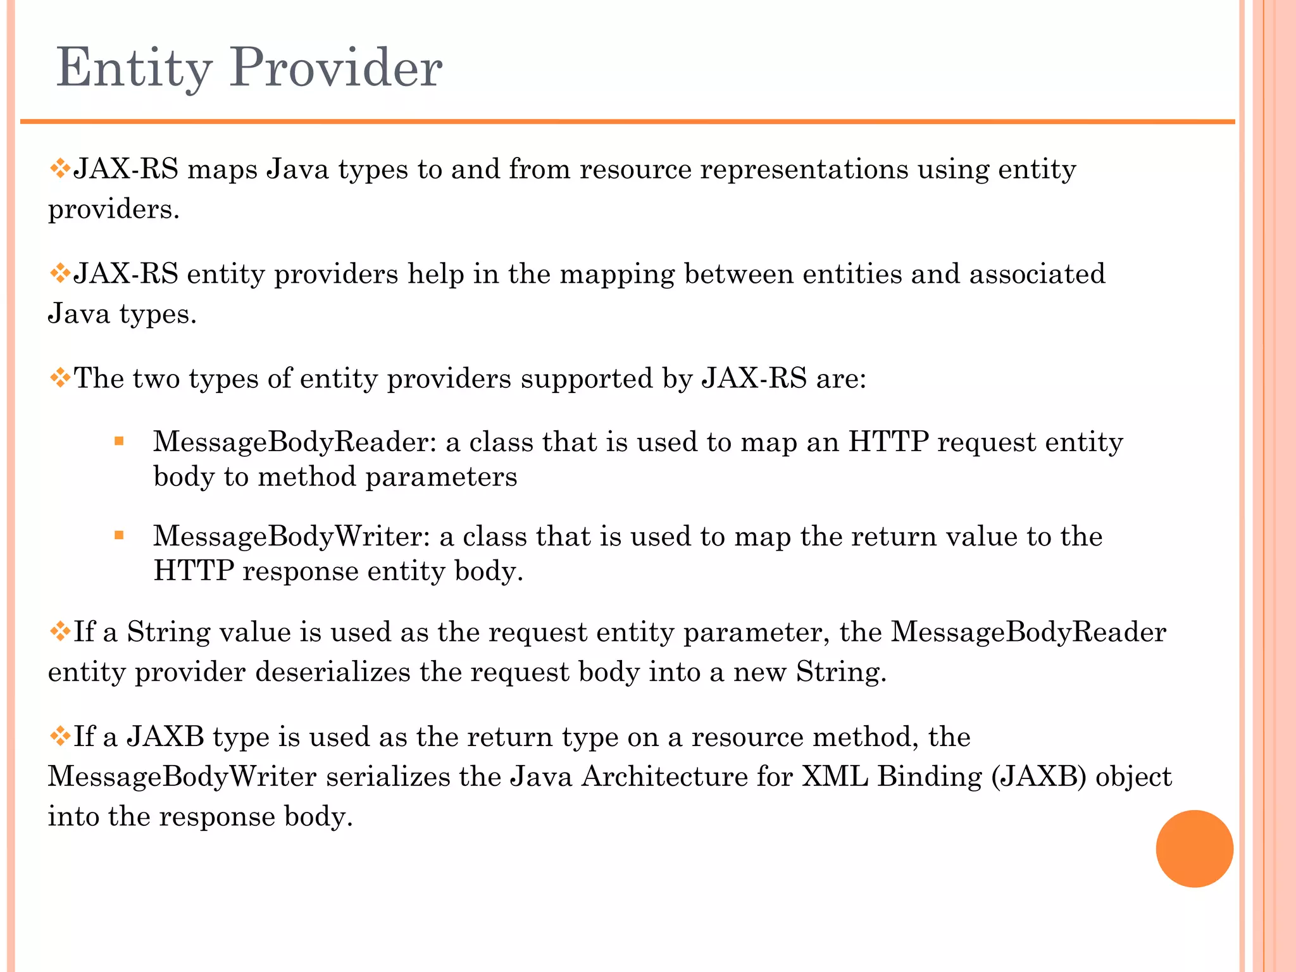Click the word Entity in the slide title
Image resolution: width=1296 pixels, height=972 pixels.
click(134, 68)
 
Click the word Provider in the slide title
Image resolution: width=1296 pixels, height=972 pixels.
click(335, 68)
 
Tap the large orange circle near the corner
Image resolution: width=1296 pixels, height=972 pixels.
click(1194, 849)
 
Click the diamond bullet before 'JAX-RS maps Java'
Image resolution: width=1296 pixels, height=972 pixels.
click(59, 169)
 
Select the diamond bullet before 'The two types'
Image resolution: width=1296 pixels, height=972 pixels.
click(59, 378)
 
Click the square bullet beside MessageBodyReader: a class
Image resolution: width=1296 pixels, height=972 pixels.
click(119, 441)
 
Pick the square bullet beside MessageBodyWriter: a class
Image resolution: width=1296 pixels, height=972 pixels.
click(119, 536)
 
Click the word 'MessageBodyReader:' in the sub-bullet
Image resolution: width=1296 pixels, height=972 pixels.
click(294, 442)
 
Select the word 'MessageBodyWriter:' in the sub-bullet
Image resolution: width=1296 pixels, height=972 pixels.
click(291, 537)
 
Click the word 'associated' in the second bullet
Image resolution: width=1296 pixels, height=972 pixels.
click(1037, 274)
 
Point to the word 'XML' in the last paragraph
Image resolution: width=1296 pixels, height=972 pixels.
click(835, 776)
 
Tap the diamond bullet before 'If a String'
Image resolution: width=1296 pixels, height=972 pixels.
click(59, 632)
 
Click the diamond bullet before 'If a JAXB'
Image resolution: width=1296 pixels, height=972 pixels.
click(59, 737)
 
